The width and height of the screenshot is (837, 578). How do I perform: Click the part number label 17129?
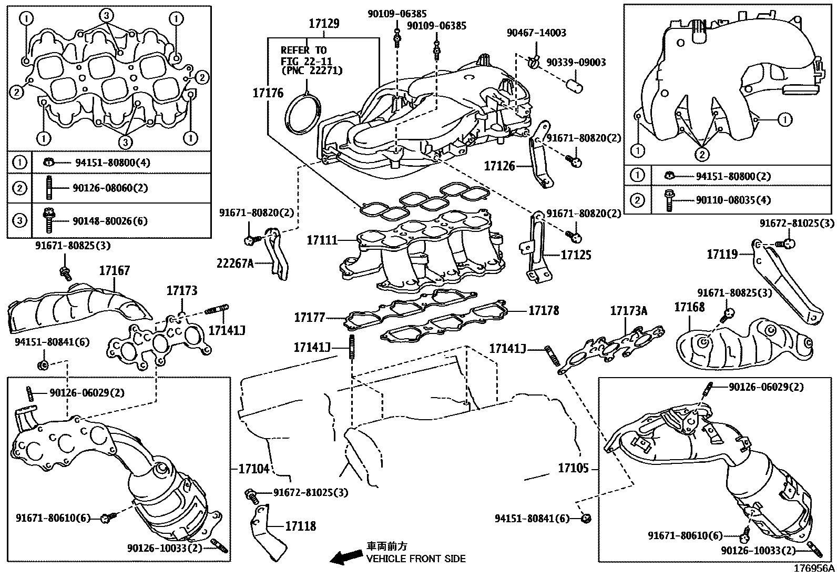(324, 24)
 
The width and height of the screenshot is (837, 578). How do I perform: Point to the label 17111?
(322, 240)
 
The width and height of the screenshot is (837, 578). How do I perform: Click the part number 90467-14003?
(536, 33)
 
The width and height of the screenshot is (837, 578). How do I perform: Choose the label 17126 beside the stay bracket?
(499, 166)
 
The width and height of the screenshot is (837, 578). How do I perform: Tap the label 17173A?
(628, 311)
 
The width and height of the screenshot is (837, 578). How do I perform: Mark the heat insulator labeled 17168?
(744, 344)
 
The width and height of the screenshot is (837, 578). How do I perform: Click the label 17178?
(544, 310)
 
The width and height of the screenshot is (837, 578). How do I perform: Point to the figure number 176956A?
(814, 569)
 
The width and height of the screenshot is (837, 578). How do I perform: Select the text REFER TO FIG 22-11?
(306, 55)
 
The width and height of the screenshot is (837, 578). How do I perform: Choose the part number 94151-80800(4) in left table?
(113, 163)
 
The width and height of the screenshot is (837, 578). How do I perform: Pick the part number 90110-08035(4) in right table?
(733, 200)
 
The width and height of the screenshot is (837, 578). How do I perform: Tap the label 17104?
(254, 469)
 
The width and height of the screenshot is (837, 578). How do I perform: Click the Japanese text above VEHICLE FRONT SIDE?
(386, 546)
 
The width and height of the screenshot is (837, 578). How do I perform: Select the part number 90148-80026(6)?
(110, 221)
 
